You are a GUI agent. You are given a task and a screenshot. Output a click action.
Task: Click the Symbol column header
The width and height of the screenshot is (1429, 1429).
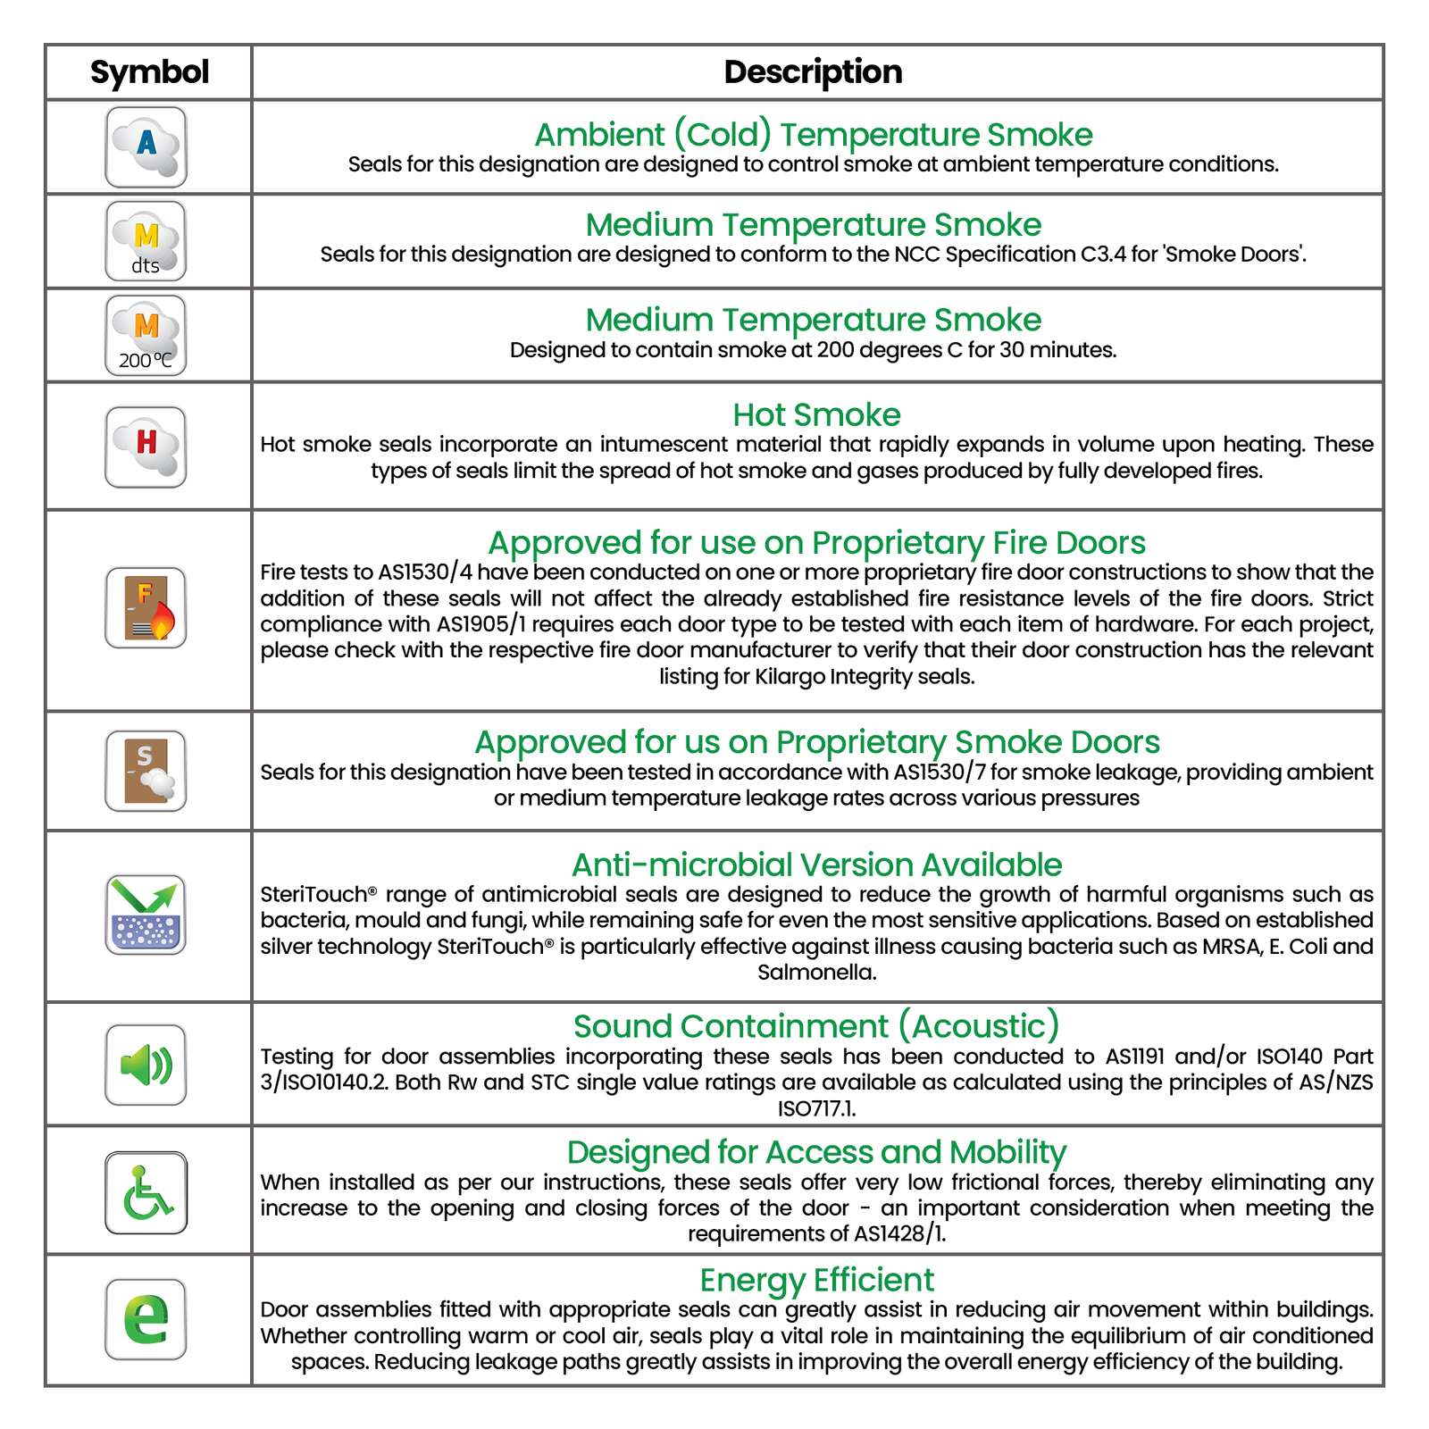pos(149,72)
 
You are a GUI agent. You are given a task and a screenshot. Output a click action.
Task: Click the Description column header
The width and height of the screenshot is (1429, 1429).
pos(813,72)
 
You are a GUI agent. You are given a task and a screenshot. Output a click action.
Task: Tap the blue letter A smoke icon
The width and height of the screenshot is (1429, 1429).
pos(146,147)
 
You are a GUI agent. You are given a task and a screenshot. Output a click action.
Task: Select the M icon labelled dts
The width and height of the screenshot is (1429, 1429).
pos(146,241)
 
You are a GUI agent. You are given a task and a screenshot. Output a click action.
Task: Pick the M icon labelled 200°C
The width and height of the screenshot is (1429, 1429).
pos(146,336)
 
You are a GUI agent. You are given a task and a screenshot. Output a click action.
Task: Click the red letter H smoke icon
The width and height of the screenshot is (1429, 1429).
pos(146,447)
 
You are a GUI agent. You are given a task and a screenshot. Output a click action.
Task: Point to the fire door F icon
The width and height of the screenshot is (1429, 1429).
pos(146,607)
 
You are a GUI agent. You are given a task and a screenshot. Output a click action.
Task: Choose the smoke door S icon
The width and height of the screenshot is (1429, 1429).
pos(146,771)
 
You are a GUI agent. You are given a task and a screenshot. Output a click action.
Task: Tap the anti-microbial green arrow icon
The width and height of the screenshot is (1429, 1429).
pos(146,915)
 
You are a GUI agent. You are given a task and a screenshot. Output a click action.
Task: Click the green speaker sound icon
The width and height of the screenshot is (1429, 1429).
pos(146,1065)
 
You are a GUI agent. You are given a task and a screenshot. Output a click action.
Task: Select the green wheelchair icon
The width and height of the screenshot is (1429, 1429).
pos(146,1192)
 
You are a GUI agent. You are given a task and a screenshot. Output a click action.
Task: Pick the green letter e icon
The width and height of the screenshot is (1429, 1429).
pos(146,1319)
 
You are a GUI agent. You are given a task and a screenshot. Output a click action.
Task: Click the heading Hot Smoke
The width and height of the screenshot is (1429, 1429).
pos(816,415)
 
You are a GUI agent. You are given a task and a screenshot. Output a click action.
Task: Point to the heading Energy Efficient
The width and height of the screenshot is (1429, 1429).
pos(816,1280)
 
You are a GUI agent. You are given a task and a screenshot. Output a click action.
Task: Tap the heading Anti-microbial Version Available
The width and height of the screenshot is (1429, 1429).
pos(816,865)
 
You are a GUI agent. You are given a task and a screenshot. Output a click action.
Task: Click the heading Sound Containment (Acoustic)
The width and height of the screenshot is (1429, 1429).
pos(816,1026)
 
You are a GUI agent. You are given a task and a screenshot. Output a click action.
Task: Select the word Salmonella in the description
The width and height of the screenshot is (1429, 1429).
pos(816,973)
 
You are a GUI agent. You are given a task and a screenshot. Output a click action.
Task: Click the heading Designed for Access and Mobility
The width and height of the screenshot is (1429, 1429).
pos(816,1152)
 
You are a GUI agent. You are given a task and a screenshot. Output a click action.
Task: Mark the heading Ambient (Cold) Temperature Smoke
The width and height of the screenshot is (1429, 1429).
pos(813,135)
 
